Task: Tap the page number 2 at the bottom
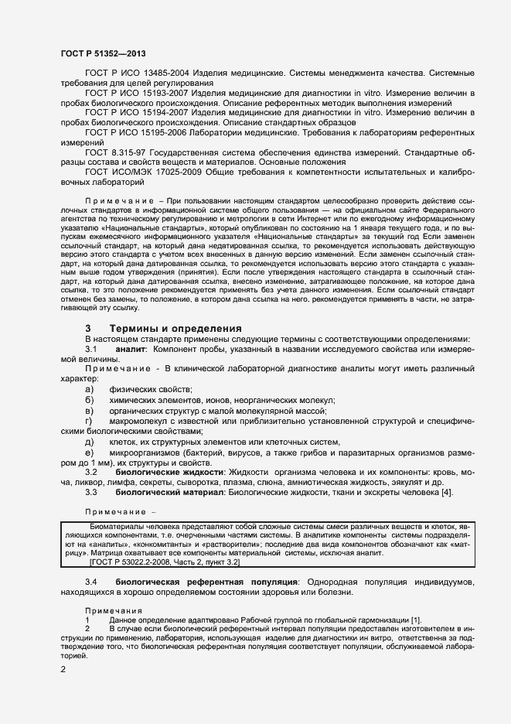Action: pos(63,668)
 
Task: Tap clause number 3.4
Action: pos(91,581)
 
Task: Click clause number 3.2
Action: pos(91,472)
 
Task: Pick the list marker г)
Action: pos(89,421)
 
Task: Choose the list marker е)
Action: pos(89,452)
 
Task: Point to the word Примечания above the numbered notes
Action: pos(113,611)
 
